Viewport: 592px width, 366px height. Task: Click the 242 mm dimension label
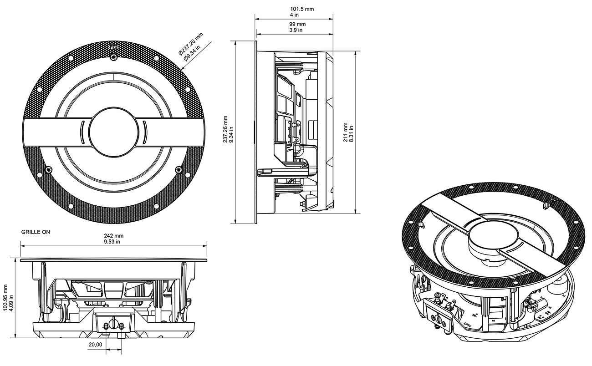pyautogui.click(x=113, y=236)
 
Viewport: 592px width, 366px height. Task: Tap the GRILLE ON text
pyautogui.click(x=36, y=232)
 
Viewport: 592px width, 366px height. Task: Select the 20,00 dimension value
pyautogui.click(x=95, y=345)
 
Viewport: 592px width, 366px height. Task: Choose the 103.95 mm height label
pyautogui.click(x=5, y=298)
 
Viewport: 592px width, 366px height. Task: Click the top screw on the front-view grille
pyautogui.click(x=113, y=57)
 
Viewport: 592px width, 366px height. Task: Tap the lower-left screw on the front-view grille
pyautogui.click(x=49, y=170)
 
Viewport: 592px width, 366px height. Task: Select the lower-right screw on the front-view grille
pyautogui.click(x=178, y=170)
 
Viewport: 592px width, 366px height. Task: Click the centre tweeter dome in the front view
pyautogui.click(x=113, y=132)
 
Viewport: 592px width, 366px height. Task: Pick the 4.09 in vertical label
pyautogui.click(x=11, y=298)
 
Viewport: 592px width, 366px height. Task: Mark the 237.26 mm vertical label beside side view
pyautogui.click(x=226, y=130)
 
